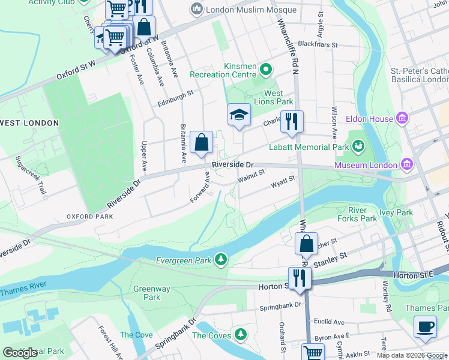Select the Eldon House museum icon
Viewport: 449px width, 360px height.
[402, 119]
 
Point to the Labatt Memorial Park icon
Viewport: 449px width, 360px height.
[358, 146]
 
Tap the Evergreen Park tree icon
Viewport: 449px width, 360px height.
[221, 259]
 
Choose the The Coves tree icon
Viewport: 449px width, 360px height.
[241, 334]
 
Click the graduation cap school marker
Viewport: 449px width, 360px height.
[239, 115]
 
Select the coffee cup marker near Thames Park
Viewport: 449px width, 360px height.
[425, 326]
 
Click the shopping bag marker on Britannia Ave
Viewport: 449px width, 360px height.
[202, 143]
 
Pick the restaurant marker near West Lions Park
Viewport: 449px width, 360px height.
[292, 121]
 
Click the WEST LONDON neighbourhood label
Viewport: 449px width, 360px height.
[29, 123]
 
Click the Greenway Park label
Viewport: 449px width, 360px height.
[147, 293]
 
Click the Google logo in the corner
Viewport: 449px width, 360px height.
[20, 353]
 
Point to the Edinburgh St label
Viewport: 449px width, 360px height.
[175, 93]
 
